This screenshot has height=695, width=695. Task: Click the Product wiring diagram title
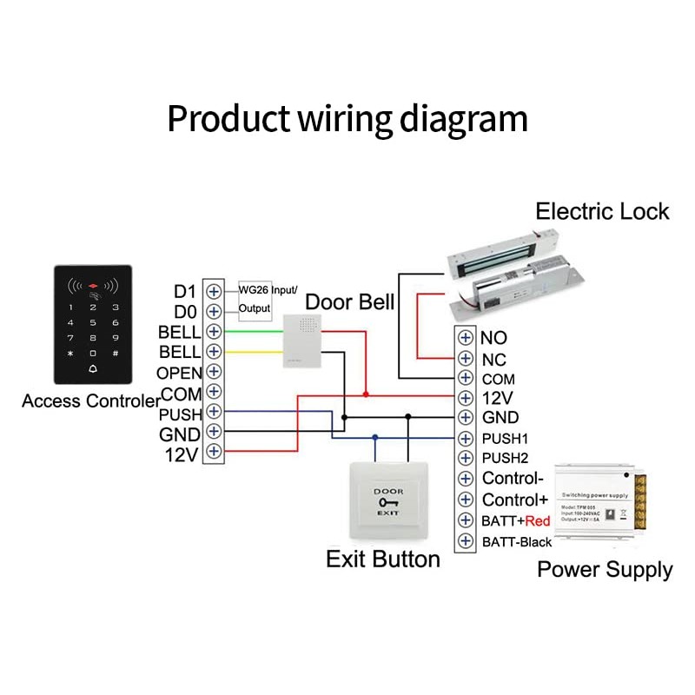point(347,119)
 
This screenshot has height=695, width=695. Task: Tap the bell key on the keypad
point(93,370)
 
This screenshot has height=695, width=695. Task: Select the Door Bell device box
point(301,341)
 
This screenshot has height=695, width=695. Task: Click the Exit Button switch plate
point(388,503)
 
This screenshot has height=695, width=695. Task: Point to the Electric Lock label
point(602,211)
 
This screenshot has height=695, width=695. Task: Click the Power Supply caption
point(605,570)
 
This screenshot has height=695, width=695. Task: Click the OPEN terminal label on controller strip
point(179,373)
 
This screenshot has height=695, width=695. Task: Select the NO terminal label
point(493,337)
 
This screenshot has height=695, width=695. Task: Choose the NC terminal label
point(493,359)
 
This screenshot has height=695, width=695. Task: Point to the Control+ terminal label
point(515,500)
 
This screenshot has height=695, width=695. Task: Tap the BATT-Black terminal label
point(517,542)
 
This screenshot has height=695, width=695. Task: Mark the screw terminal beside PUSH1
point(467,438)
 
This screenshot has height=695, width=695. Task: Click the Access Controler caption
point(90,401)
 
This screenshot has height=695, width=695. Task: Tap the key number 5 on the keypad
point(93,322)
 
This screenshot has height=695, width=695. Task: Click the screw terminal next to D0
point(213,310)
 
